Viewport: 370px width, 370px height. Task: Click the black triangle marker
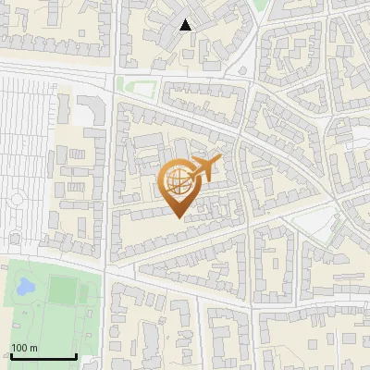[186, 25]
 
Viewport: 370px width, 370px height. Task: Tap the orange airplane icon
[203, 169]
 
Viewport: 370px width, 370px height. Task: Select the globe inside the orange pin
[176, 181]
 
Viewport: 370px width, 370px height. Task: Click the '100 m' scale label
[24, 348]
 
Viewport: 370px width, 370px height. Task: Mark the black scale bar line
[43, 356]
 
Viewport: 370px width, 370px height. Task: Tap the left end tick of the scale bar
[11, 354]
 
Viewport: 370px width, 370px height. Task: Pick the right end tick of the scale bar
[76, 354]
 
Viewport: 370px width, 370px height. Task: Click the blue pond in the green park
[25, 286]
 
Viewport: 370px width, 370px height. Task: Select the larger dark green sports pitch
[64, 290]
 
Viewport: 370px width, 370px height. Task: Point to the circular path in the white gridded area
[16, 199]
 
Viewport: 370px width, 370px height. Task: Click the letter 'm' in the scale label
[32, 348]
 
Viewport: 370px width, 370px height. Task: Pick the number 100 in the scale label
[19, 348]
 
